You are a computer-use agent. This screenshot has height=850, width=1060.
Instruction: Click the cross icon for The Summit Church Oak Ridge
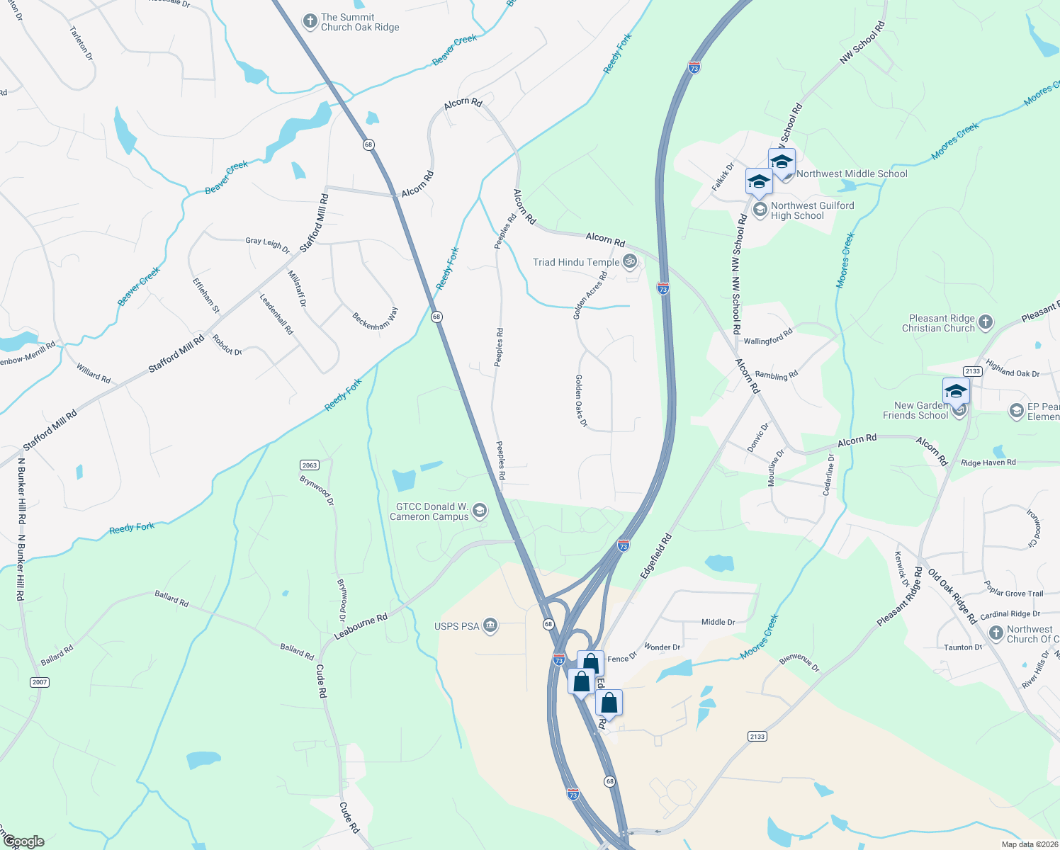tap(310, 21)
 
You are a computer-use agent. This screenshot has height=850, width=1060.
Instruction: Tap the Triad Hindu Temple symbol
tap(629, 262)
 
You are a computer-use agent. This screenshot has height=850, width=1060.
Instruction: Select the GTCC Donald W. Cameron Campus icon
tap(480, 511)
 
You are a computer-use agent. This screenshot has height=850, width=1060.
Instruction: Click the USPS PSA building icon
tap(490, 625)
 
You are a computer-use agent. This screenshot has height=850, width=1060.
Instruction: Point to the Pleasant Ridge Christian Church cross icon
tap(986, 324)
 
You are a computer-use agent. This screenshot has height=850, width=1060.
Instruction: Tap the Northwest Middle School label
tap(852, 174)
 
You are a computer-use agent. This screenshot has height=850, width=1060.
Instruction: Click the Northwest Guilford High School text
tap(812, 210)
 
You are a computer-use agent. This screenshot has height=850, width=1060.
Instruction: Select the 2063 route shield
tap(310, 465)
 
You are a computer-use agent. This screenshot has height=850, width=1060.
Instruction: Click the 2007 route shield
tap(40, 682)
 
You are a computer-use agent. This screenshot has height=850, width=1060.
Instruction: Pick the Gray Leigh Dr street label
tap(268, 245)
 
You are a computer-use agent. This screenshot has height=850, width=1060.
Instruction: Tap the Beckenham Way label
tap(376, 318)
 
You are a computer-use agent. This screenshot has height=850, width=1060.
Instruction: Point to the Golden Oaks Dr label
tap(581, 401)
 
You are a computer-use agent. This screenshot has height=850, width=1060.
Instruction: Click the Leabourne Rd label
tap(361, 627)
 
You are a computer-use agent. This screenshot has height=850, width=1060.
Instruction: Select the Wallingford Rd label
tap(768, 336)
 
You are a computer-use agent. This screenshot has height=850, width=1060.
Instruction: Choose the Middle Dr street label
tap(718, 622)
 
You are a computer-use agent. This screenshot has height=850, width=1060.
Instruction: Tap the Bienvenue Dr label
tap(799, 663)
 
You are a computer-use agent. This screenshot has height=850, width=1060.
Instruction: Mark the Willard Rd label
tap(94, 373)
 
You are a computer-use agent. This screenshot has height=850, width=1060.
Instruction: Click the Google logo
tap(23, 841)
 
